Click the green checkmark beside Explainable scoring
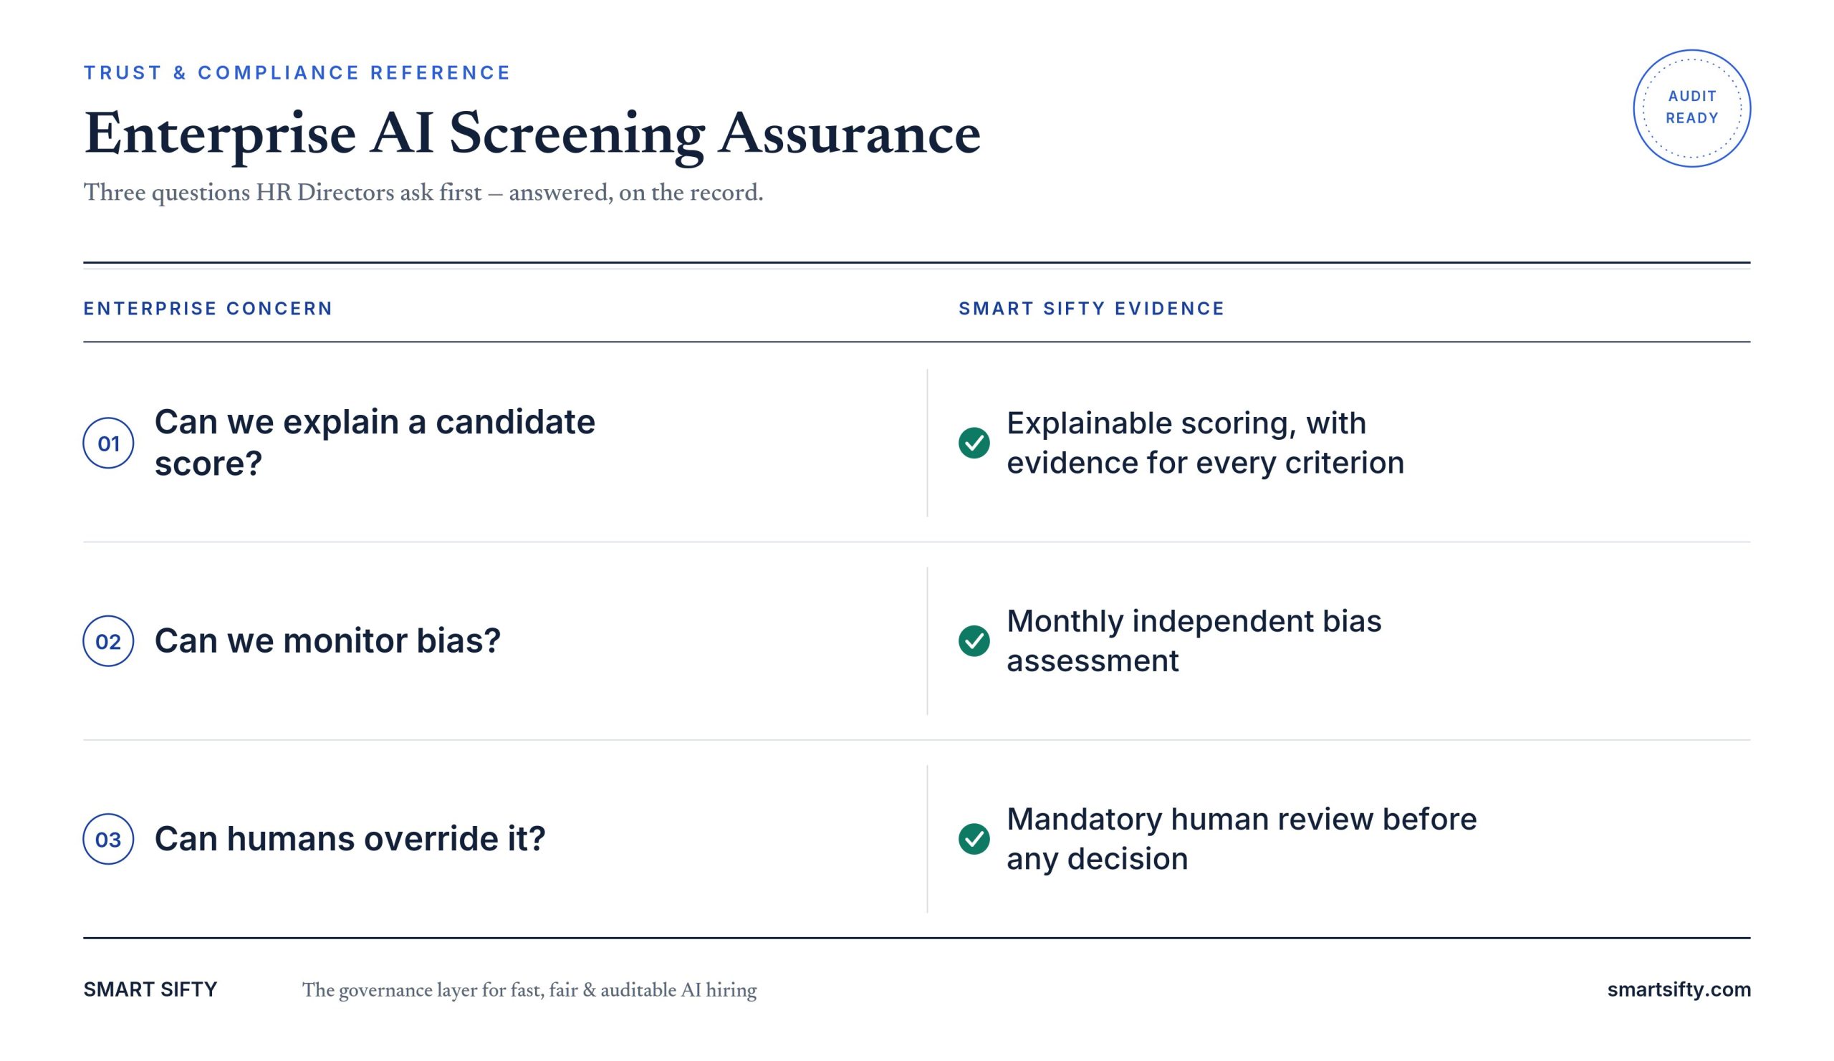point(974,443)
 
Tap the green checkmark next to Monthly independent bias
point(974,641)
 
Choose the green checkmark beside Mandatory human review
point(974,839)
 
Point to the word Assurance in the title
point(850,135)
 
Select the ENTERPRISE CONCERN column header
point(208,309)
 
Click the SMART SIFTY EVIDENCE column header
point(1092,309)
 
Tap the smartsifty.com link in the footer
point(1679,989)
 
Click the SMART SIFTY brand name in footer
point(150,989)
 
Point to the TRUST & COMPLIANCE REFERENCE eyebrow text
point(297,73)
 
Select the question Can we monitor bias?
point(327,641)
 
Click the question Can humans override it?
point(350,839)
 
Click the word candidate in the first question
point(515,422)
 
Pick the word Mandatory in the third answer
point(1084,820)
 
